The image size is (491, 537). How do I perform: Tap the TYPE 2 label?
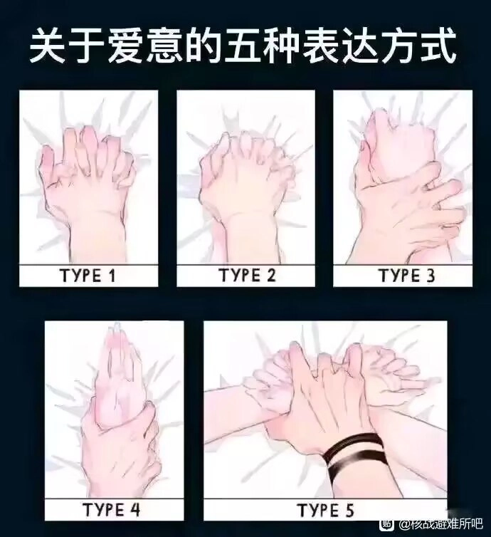246,276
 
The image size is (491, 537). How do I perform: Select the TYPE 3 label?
406,276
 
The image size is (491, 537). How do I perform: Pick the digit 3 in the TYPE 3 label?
429,276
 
